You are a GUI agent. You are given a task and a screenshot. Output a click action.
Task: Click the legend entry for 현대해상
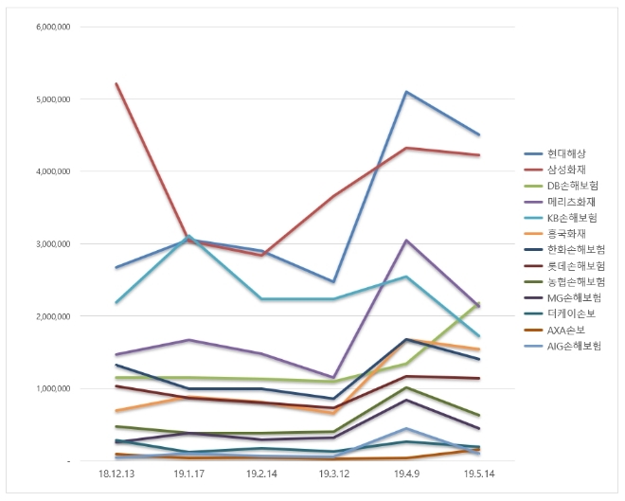565,153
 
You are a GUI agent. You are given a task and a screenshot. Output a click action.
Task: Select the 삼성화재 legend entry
565,170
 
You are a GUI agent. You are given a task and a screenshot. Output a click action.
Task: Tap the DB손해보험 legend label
572,186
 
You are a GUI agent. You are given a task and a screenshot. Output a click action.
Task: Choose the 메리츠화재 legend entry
569,202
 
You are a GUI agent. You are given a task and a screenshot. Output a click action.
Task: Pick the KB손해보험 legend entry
572,218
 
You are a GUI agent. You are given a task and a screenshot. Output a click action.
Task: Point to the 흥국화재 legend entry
565,234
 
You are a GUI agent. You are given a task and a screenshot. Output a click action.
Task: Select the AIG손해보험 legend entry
573,346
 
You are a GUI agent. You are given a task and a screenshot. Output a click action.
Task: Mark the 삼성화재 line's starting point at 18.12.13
116,83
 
